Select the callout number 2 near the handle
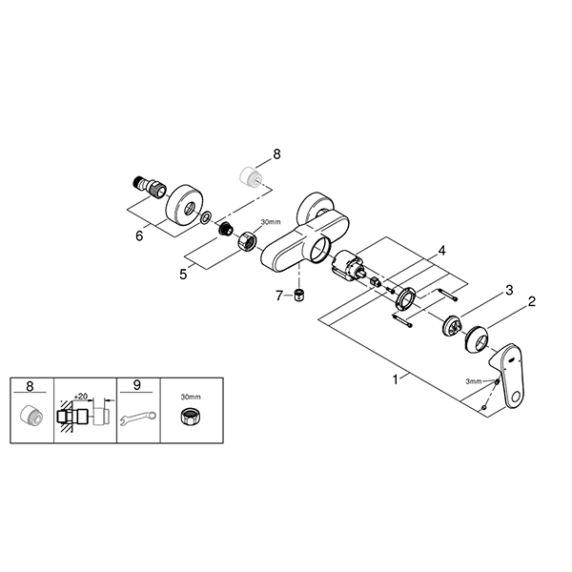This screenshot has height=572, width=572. pos(531,302)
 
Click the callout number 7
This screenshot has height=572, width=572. pos(279,295)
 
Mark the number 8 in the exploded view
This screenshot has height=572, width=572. pos(276,153)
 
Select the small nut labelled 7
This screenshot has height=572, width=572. pos(298,295)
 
